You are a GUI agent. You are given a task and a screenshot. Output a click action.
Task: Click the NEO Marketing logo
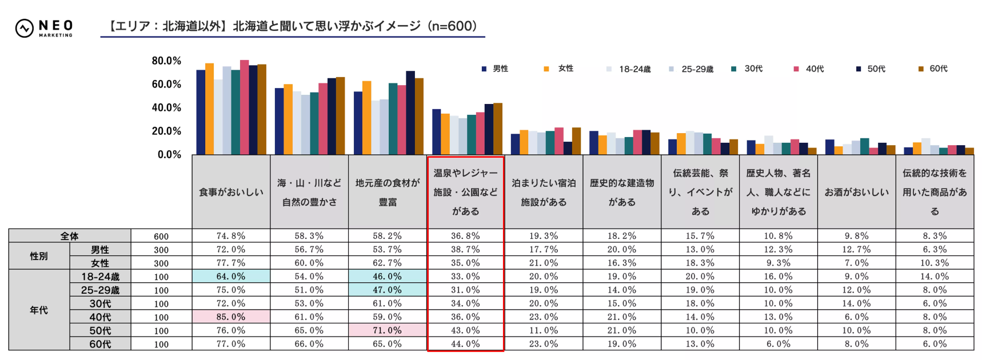[x=44, y=27]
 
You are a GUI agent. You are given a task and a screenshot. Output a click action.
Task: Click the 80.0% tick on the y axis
[x=166, y=61]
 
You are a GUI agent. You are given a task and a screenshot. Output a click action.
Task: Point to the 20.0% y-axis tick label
[x=166, y=131]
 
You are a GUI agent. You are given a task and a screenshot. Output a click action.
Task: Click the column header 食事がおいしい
[x=231, y=193]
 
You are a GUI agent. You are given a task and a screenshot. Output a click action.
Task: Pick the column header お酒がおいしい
[x=856, y=193]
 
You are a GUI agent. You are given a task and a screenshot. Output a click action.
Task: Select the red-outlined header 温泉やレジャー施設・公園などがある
[x=465, y=193]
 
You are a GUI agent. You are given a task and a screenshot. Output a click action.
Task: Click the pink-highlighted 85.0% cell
[x=231, y=317]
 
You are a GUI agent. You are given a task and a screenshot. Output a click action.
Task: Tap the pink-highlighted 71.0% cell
[x=387, y=331]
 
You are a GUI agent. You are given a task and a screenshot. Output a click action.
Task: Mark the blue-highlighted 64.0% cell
[x=231, y=277]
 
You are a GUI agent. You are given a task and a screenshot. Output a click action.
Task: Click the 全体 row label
[x=70, y=236]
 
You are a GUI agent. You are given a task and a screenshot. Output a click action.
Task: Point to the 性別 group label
[x=39, y=257]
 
